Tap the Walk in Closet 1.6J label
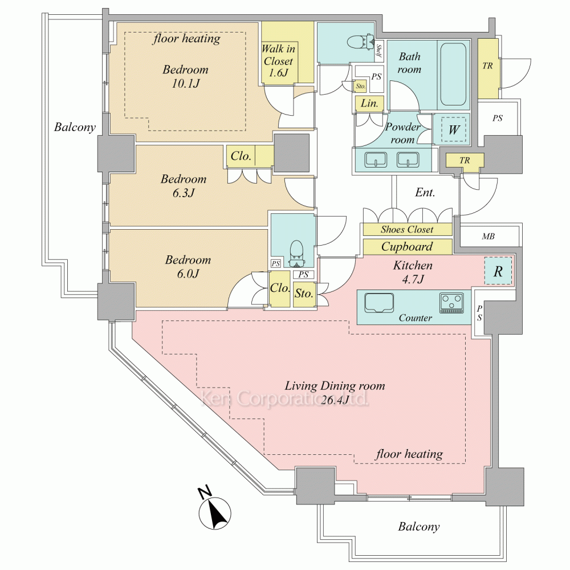(x=278, y=60)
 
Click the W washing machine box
(x=454, y=130)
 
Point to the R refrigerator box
(x=498, y=272)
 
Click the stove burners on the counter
(x=451, y=302)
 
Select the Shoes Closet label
(x=407, y=230)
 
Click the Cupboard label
(x=407, y=247)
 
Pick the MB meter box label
(x=488, y=235)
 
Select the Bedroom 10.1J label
(x=185, y=77)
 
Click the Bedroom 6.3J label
(x=183, y=186)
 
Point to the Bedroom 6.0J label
(x=188, y=267)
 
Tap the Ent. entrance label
(x=425, y=193)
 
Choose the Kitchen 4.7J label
(x=413, y=272)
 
